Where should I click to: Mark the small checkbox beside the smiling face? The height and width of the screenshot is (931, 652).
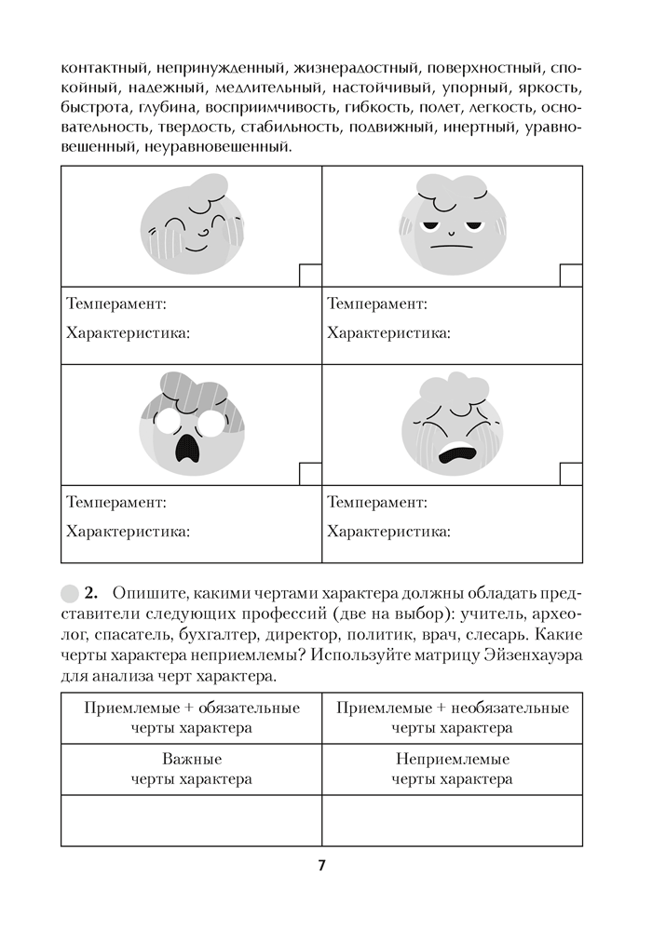(x=310, y=275)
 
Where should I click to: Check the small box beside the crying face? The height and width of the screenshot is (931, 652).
(x=571, y=473)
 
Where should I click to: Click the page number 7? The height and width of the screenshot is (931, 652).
(x=321, y=865)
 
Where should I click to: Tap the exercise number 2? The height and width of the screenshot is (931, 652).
(x=90, y=593)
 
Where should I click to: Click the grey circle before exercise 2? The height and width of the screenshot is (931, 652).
(x=69, y=593)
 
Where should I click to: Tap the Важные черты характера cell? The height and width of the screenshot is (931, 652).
(x=192, y=767)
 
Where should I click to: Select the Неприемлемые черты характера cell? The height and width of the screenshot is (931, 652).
(x=453, y=767)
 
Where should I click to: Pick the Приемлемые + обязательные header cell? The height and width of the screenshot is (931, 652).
(x=192, y=717)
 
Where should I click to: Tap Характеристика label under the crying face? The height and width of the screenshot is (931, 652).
(x=388, y=532)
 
